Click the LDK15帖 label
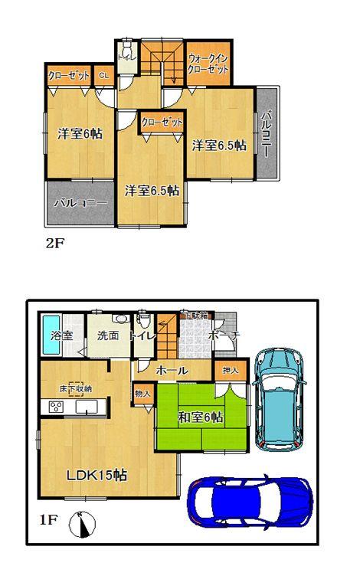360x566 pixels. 96,475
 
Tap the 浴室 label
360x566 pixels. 61,335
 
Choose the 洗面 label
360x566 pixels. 108,335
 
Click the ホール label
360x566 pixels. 172,370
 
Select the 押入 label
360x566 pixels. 230,371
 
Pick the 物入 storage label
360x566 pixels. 142,393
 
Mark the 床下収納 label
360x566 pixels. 77,388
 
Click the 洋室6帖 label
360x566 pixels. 80,134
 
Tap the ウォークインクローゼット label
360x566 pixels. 208,63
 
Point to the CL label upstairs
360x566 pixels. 104,76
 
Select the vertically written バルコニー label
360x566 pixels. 265,135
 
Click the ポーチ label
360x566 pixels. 225,335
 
